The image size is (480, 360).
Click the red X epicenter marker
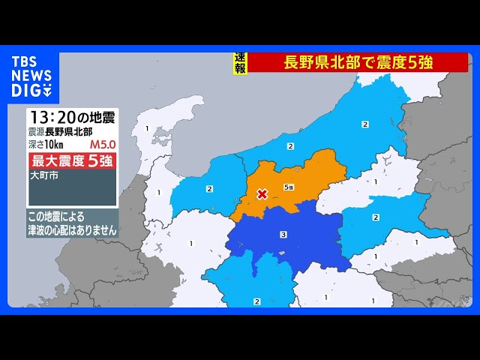[x=262, y=194]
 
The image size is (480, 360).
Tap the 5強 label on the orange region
[x=289, y=187]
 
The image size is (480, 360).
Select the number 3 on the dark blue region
[x=283, y=235]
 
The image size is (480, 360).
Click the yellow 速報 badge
[x=240, y=63]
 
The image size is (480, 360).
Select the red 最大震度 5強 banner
[x=73, y=160]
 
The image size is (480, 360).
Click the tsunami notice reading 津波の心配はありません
[x=72, y=231]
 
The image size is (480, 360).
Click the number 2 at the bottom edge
[x=257, y=301]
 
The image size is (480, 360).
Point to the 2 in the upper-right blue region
[x=364, y=124]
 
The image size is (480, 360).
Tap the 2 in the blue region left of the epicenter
[x=209, y=188]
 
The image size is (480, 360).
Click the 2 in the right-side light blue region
[x=376, y=217]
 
